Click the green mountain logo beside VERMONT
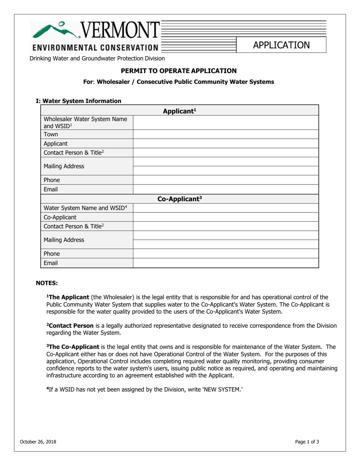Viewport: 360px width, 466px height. (x=55, y=30)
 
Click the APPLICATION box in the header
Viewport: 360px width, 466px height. (x=281, y=45)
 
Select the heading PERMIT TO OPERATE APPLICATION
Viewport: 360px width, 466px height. (x=178, y=71)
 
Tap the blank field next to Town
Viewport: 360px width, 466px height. (x=225, y=134)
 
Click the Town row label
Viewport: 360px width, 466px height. (x=51, y=134)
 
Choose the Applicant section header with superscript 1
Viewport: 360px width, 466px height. (x=179, y=111)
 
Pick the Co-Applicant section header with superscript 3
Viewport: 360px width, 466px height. (x=179, y=199)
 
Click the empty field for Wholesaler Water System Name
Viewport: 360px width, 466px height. (x=225, y=123)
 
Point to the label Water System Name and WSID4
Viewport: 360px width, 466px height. (x=85, y=208)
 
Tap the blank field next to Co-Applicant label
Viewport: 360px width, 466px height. (x=225, y=217)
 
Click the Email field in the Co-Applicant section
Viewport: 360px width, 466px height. (x=225, y=263)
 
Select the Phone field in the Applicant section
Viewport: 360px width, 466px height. (x=225, y=180)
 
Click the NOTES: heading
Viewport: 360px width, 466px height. (x=47, y=283)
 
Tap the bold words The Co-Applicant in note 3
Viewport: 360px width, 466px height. (x=73, y=347)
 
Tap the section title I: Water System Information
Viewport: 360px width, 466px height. (x=78, y=101)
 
